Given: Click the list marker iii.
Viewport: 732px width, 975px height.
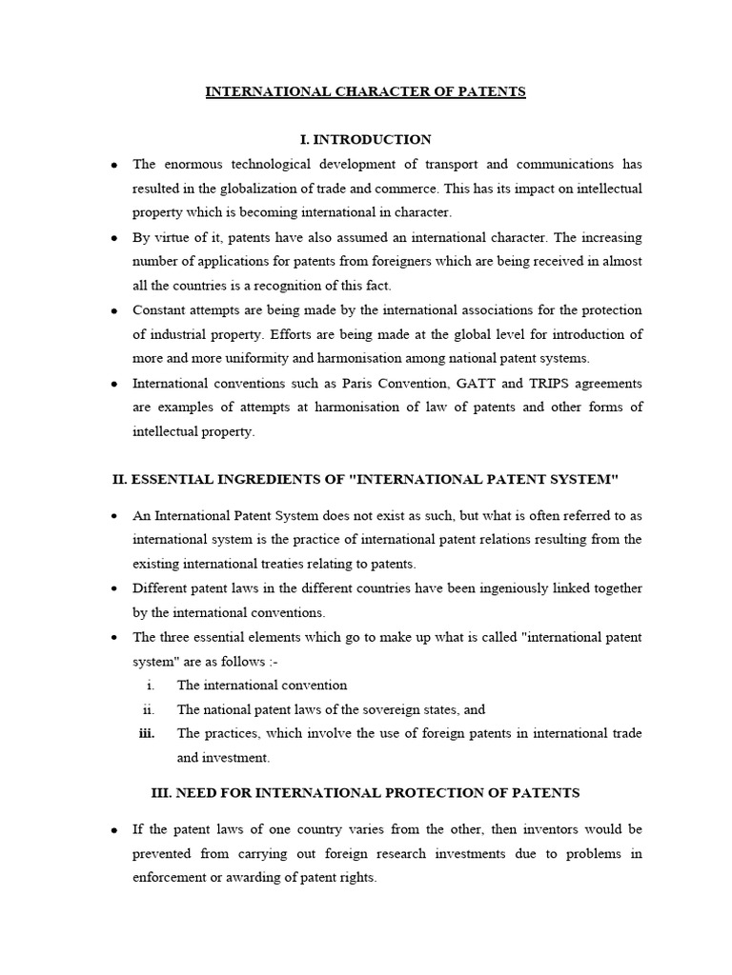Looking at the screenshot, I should coord(146,733).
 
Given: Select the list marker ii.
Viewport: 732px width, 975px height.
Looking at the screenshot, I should coord(148,708).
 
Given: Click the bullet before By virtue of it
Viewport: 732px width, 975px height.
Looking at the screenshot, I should coord(114,238).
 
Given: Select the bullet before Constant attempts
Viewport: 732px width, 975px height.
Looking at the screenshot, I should coord(114,310).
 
